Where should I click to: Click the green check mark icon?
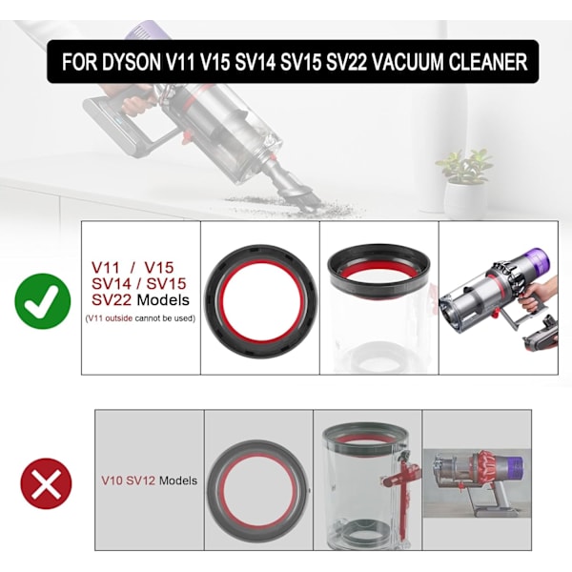point(43,301)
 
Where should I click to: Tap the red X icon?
point(47,483)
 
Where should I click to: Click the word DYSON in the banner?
point(132,62)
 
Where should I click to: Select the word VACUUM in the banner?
point(407,62)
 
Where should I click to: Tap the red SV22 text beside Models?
point(112,300)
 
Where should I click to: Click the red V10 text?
point(112,480)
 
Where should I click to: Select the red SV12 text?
point(141,480)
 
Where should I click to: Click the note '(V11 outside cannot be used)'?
point(140,318)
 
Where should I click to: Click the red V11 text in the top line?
point(106,268)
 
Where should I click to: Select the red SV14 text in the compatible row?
point(111,284)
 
